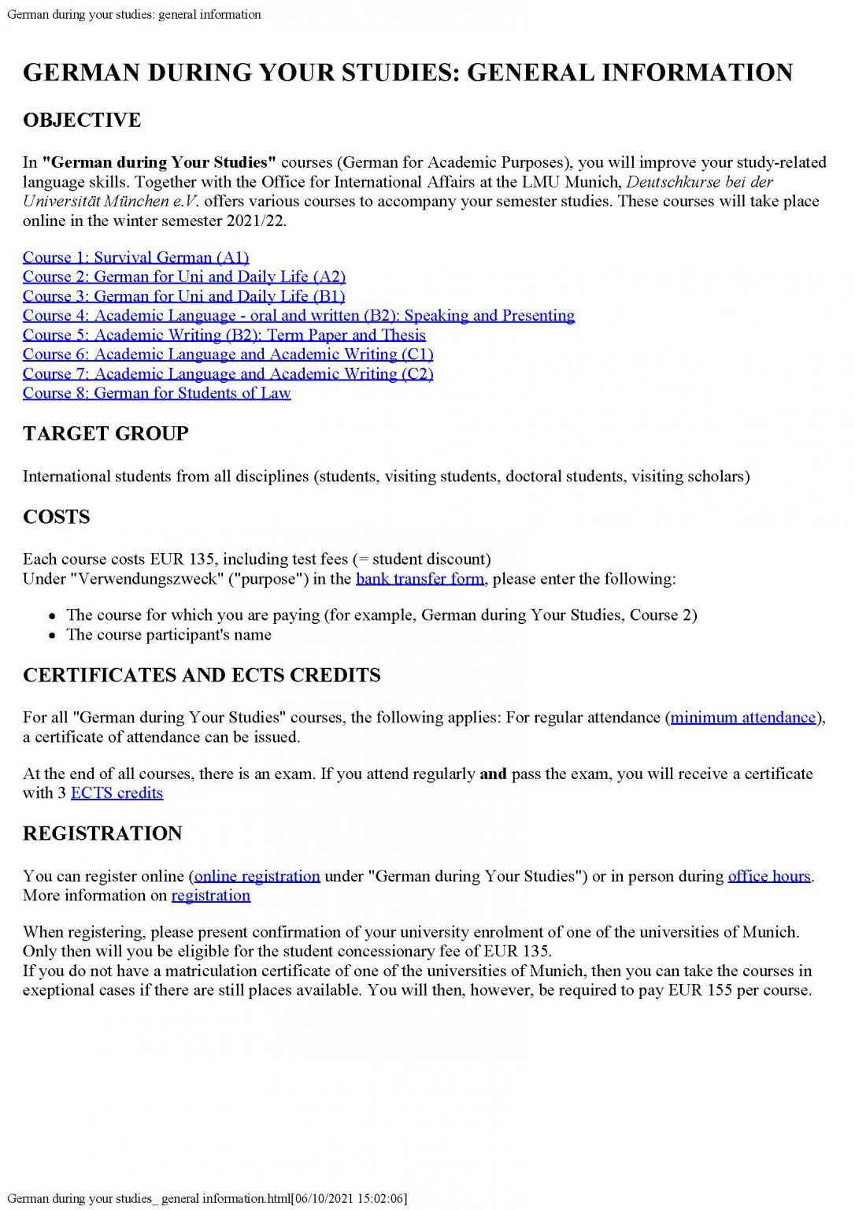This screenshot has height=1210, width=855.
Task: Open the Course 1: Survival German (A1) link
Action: click(135, 258)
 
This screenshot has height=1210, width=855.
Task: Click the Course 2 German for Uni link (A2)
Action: click(184, 277)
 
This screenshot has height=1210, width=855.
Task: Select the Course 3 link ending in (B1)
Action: click(183, 296)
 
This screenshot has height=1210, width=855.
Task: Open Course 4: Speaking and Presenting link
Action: click(298, 316)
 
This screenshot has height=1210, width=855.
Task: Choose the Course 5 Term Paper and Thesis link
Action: click(224, 335)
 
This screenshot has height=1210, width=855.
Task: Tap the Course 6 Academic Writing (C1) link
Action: click(228, 354)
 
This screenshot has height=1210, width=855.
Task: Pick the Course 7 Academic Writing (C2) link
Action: click(228, 374)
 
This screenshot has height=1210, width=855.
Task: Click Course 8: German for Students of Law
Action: click(157, 393)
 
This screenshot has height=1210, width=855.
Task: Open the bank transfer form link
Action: click(420, 579)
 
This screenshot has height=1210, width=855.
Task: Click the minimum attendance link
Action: click(742, 718)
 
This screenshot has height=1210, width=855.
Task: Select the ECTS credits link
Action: click(117, 793)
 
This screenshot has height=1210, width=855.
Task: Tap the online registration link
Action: click(257, 876)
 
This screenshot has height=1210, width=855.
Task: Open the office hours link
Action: click(768, 876)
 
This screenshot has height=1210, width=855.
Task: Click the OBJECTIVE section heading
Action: click(82, 121)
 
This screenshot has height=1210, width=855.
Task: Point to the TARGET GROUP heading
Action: click(105, 434)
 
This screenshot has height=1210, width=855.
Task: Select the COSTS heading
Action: click(57, 518)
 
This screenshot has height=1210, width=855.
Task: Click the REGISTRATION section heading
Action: click(102, 833)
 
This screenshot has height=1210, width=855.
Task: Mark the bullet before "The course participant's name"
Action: click(52, 636)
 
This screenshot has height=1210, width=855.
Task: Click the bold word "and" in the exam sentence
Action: click(493, 774)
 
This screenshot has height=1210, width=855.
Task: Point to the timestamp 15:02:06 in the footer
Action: click(381, 1199)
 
